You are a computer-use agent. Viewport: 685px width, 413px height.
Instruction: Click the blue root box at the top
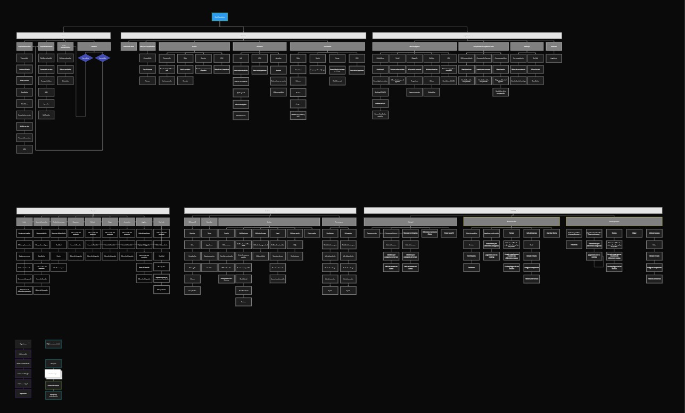pyautogui.click(x=219, y=17)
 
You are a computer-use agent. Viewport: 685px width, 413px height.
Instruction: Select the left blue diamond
pyautogui.click(x=85, y=57)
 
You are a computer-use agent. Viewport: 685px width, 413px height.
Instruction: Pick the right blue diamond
pyautogui.click(x=103, y=57)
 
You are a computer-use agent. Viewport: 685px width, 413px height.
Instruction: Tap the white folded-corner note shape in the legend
pyautogui.click(x=53, y=374)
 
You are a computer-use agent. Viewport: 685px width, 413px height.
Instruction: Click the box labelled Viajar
pyautogui.click(x=634, y=233)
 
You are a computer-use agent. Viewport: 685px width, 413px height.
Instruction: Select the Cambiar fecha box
pyautogui.click(x=551, y=233)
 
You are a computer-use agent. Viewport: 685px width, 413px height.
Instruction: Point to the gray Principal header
pyautogui.click(x=410, y=221)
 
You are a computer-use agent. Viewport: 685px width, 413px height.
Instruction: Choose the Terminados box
pyautogui.click(x=471, y=255)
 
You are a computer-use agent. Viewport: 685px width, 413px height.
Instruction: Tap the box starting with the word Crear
pyautogui.click(x=449, y=233)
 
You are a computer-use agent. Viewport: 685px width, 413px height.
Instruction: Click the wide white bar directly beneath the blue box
pyautogui.click(x=243, y=36)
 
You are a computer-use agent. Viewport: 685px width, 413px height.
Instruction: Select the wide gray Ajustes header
pyautogui.click(x=269, y=221)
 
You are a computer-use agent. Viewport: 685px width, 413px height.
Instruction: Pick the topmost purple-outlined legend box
pyautogui.click(x=23, y=344)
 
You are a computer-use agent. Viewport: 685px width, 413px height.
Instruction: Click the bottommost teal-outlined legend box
pyautogui.click(x=53, y=395)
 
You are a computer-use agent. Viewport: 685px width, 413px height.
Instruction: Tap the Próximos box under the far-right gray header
pyautogui.click(x=574, y=245)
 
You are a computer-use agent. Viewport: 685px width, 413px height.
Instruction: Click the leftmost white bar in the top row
pyautogui.click(x=63, y=36)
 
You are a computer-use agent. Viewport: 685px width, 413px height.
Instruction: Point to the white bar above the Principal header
pyautogui.click(x=513, y=211)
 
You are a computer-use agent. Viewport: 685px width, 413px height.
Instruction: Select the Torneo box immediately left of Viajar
pyautogui.click(x=614, y=233)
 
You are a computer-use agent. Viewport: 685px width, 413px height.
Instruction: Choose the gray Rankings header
pyautogui.click(x=526, y=46)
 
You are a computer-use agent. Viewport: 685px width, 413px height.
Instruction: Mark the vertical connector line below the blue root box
pyautogui.click(x=219, y=24)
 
